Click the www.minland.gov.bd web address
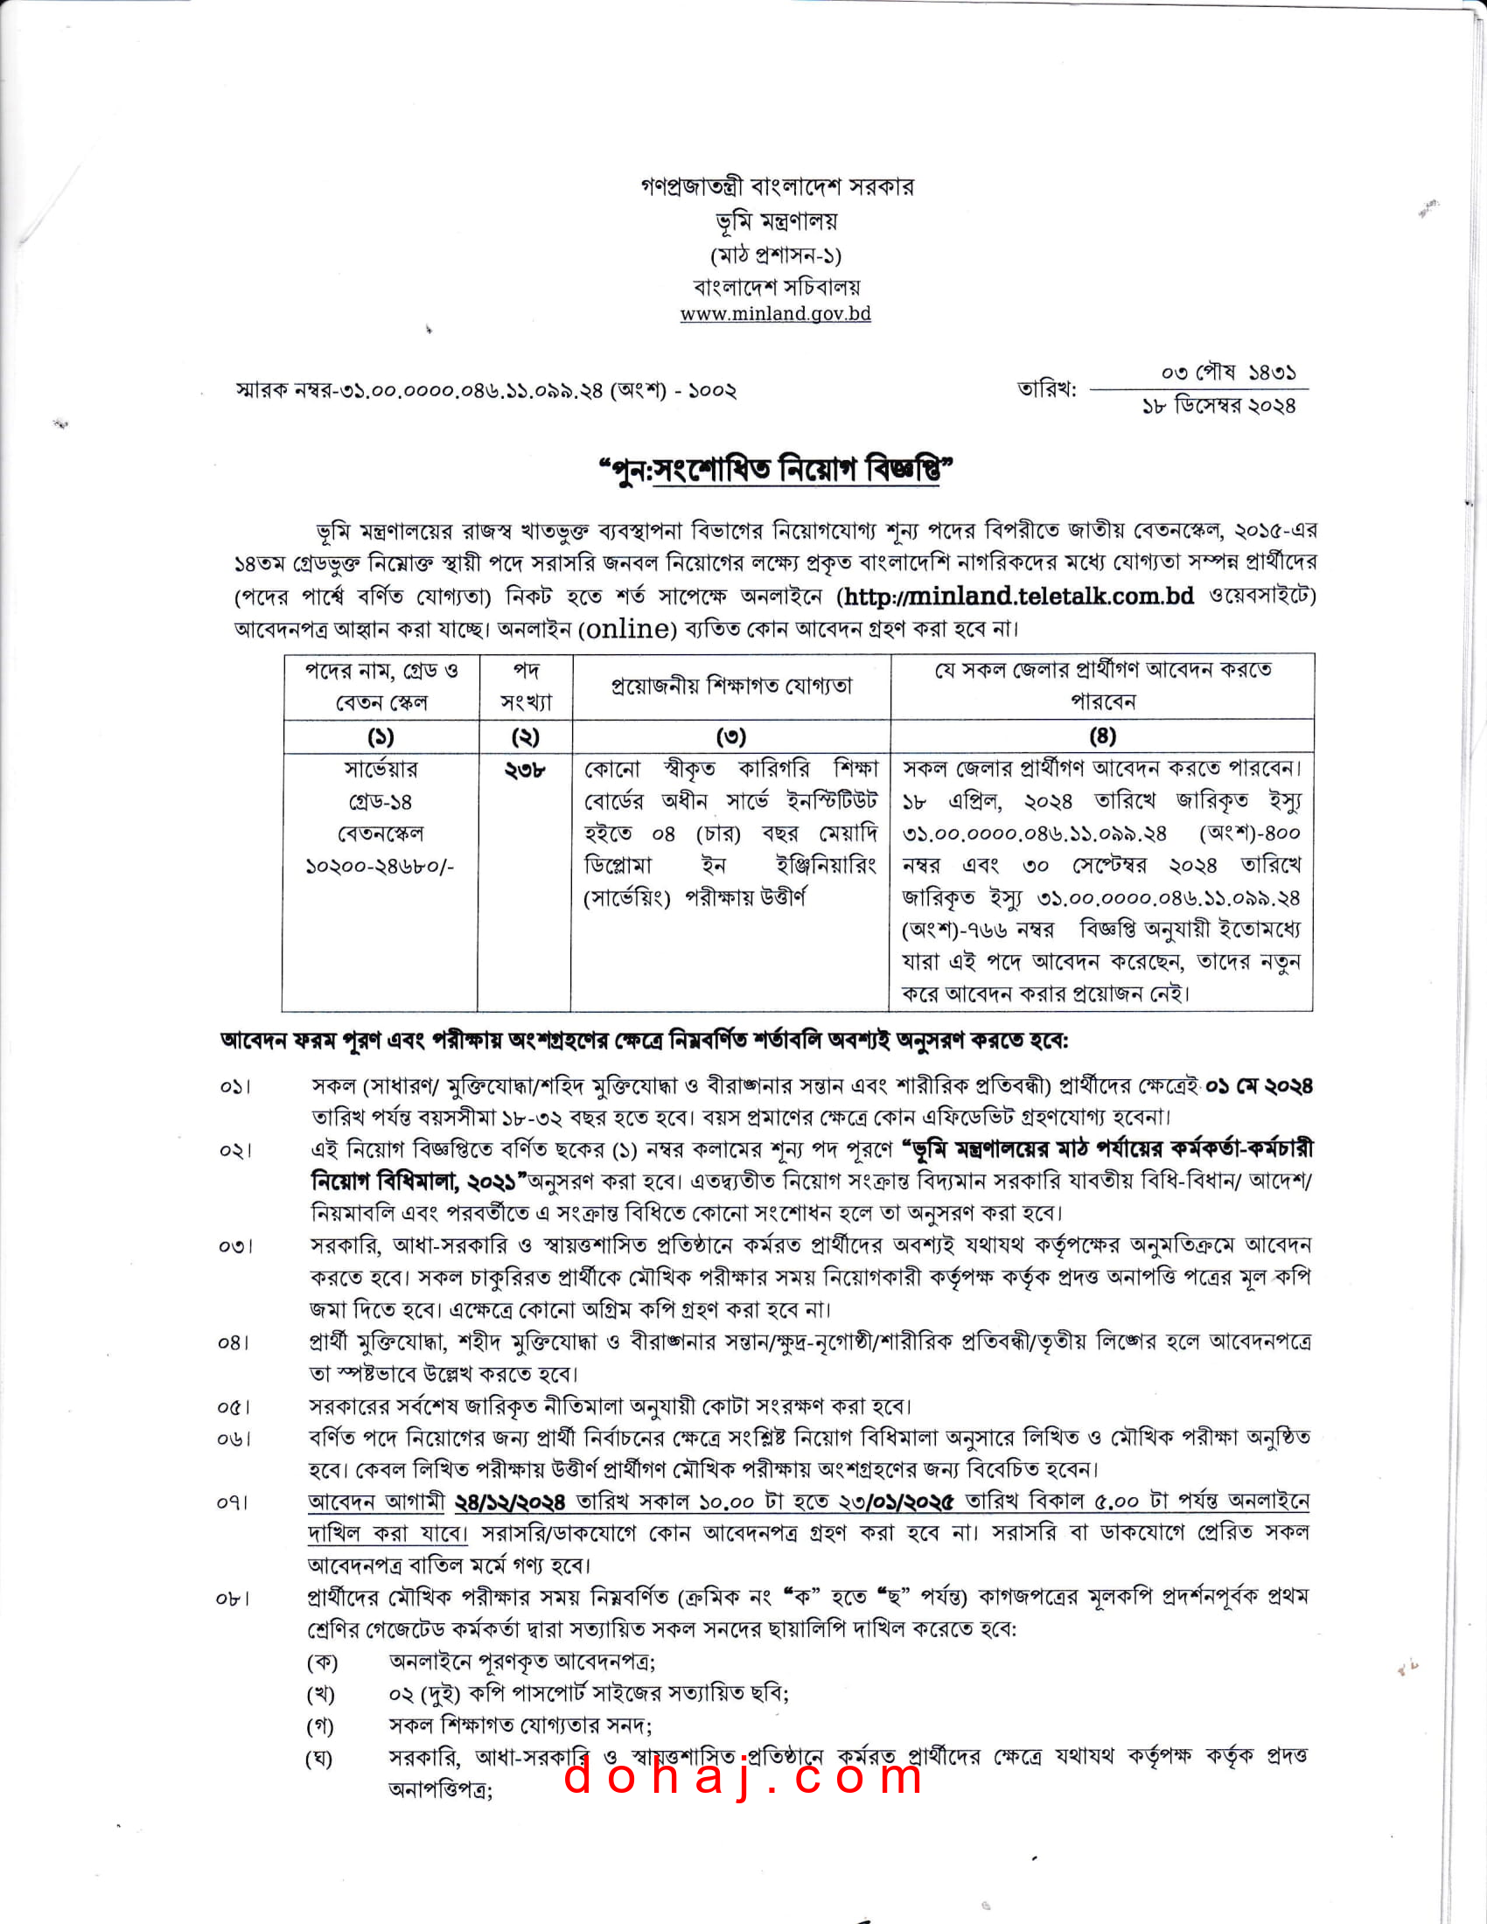[x=775, y=314]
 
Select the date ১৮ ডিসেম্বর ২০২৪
[x=1219, y=406]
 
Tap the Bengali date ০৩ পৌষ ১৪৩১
[x=1228, y=373]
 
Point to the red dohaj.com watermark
[x=743, y=1775]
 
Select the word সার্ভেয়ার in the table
[x=380, y=769]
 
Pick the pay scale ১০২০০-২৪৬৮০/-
[x=380, y=866]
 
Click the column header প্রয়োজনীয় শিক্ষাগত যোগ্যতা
[x=731, y=687]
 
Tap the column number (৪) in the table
[x=1102, y=735]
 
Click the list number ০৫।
[x=234, y=1407]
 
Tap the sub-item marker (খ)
[x=322, y=1693]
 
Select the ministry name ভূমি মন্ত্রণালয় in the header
[x=776, y=221]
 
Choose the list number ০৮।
[x=234, y=1598]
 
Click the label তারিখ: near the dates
[x=1047, y=388]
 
